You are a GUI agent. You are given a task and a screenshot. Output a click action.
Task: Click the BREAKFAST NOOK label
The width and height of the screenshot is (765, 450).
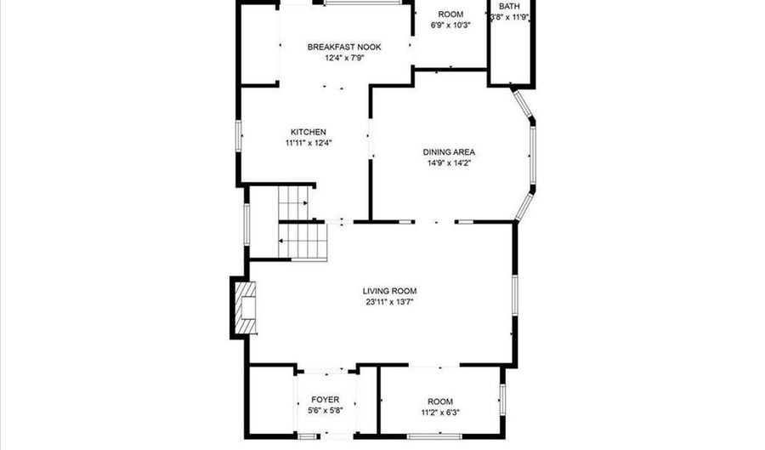click(344, 47)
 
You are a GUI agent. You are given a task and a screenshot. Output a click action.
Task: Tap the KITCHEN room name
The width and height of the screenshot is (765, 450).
click(308, 132)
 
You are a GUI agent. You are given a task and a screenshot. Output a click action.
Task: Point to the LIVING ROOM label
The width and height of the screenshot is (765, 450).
click(391, 291)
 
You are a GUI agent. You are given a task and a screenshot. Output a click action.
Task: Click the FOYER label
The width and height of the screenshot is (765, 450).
click(325, 399)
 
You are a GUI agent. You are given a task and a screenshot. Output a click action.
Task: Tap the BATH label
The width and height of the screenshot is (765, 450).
click(509, 6)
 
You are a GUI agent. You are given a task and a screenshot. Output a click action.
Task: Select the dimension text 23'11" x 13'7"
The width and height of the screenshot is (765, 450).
click(391, 302)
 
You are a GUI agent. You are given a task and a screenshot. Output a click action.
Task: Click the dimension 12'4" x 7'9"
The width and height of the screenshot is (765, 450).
click(344, 59)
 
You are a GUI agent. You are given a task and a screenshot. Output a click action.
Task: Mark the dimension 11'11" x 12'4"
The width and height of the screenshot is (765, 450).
click(308, 143)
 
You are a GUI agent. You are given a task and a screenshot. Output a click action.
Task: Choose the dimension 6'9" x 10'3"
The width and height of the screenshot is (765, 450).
click(450, 26)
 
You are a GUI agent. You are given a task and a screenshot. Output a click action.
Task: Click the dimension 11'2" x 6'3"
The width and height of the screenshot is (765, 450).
click(439, 413)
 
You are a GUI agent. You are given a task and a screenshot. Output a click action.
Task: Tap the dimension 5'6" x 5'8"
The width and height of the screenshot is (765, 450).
click(325, 410)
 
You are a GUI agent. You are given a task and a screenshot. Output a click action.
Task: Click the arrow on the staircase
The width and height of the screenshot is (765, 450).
click(283, 242)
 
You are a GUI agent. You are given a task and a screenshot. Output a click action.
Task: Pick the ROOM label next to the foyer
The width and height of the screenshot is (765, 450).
click(439, 402)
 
